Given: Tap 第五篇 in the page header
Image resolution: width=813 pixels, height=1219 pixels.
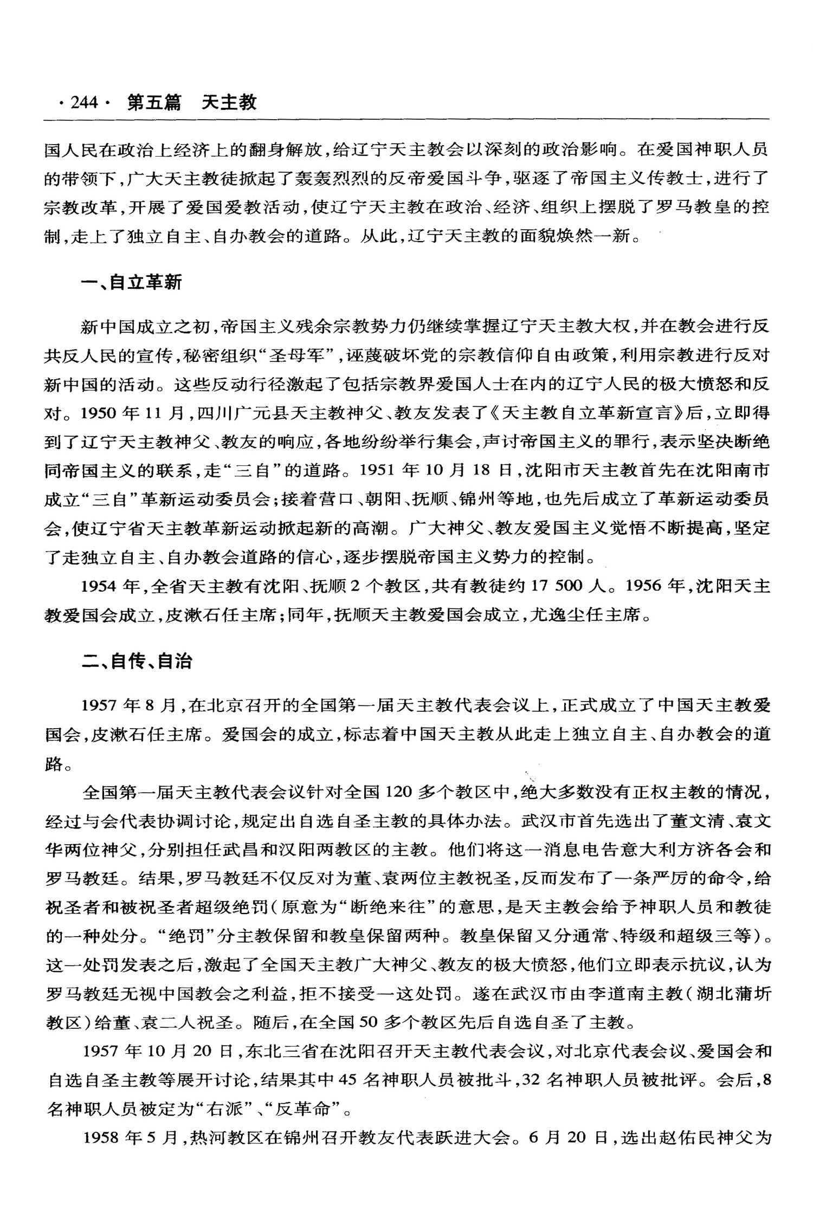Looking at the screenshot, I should pos(154,102).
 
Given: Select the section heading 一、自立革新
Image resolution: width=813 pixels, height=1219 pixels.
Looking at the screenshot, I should pos(131,282).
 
